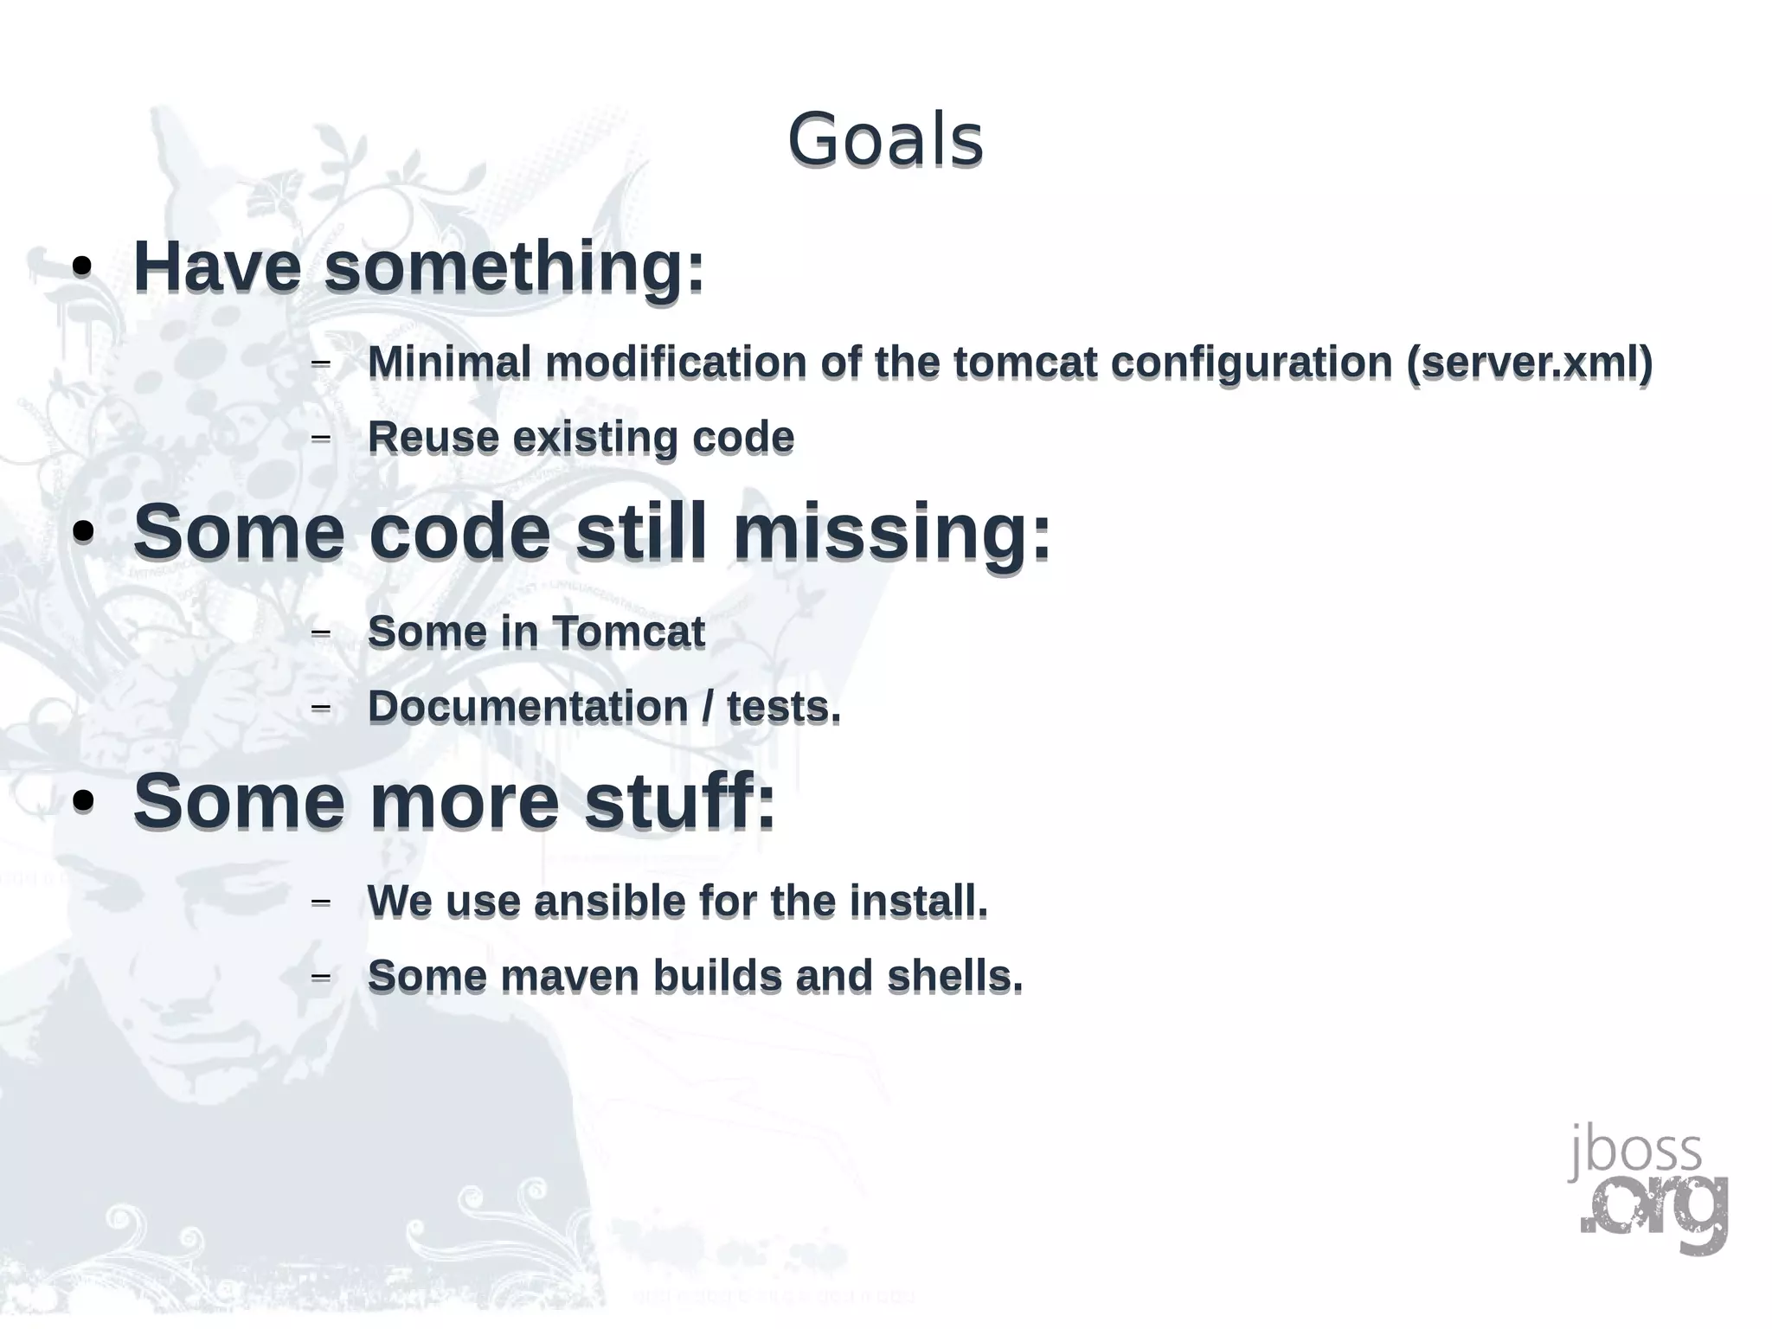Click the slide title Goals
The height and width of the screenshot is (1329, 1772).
pyautogui.click(x=884, y=140)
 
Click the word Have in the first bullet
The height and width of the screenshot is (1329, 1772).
pyautogui.click(x=217, y=266)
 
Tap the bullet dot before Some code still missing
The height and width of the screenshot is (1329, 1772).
pyautogui.click(x=83, y=535)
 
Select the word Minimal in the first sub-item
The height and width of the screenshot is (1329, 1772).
pyautogui.click(x=449, y=362)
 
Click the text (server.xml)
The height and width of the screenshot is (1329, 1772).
pyautogui.click(x=1529, y=362)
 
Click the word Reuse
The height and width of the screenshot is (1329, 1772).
pyautogui.click(x=433, y=437)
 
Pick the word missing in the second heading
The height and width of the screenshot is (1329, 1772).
pyautogui.click(x=891, y=531)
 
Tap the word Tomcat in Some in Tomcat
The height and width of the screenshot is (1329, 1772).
pyautogui.click(x=628, y=632)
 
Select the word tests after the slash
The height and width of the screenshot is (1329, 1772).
pyautogui.click(x=782, y=707)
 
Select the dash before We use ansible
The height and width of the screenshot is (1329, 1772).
pyautogui.click(x=320, y=902)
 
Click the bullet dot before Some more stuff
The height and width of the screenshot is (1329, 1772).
pyautogui.click(x=83, y=803)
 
